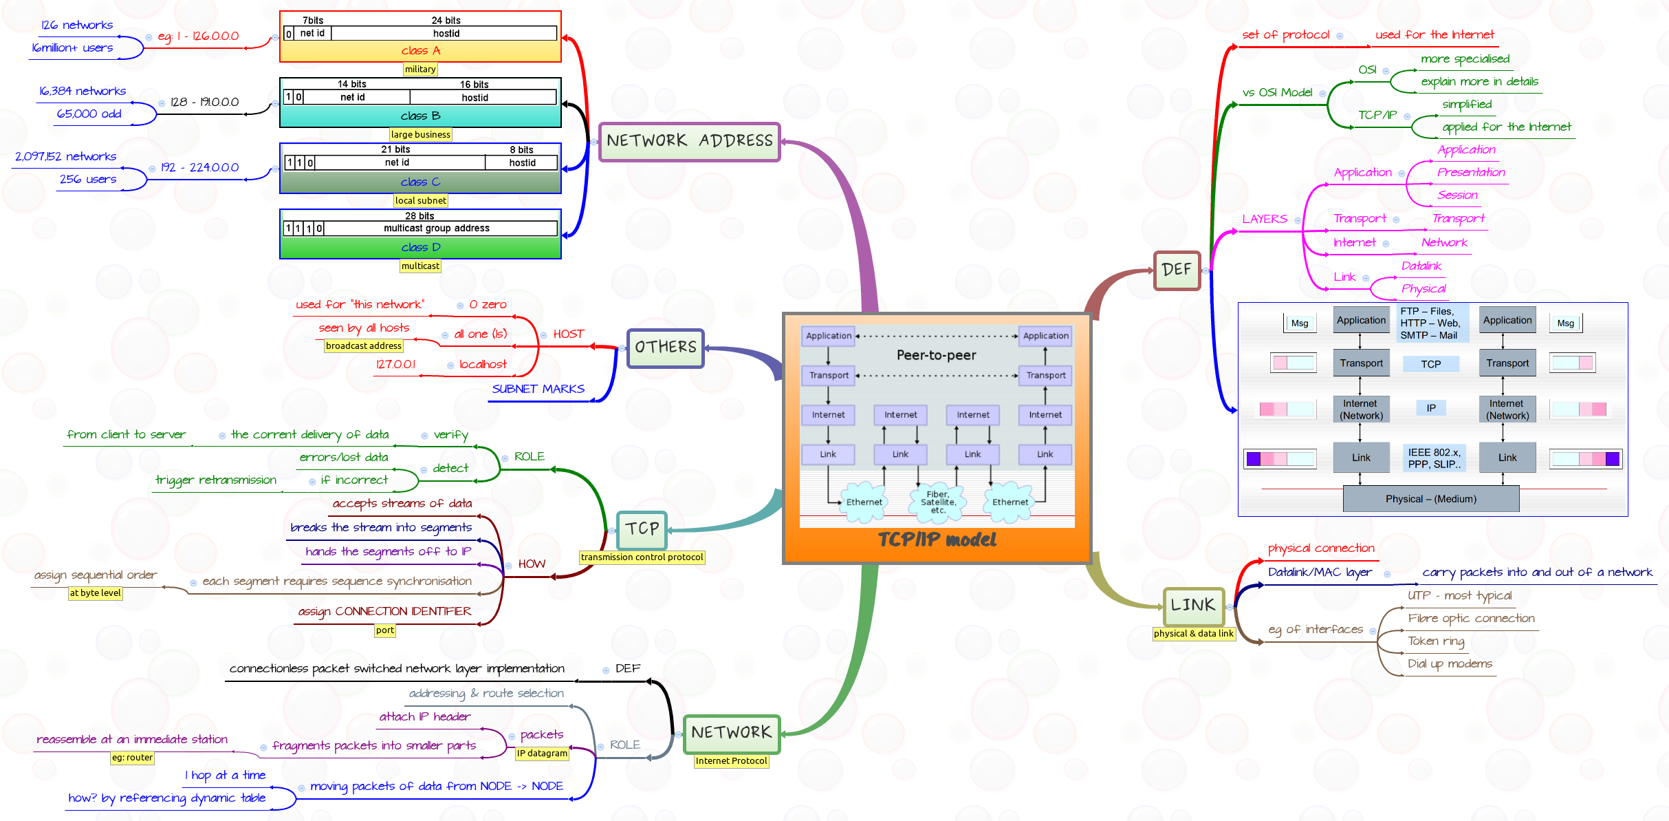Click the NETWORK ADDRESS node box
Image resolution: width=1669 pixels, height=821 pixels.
(689, 142)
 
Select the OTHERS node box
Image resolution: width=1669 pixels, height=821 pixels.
(665, 348)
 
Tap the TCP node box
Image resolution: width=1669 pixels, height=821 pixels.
(642, 529)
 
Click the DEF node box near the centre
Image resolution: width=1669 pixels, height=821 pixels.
(1177, 270)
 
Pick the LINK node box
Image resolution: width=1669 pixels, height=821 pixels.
(1193, 606)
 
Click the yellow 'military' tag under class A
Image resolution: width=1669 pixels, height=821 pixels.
(420, 70)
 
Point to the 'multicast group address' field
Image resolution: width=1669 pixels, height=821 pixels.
(437, 228)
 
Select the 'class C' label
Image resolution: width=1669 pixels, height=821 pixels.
(420, 182)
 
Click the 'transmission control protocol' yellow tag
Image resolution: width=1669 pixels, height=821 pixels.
(642, 557)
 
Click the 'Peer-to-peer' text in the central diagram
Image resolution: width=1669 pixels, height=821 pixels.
(936, 356)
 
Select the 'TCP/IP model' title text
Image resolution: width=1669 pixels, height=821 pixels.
(937, 540)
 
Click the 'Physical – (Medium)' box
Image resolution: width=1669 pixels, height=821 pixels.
(1430, 499)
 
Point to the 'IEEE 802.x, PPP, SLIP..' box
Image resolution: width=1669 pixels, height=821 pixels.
(1434, 458)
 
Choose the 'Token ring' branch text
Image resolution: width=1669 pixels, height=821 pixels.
(1436, 641)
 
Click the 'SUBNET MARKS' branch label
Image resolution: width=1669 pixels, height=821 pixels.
(538, 390)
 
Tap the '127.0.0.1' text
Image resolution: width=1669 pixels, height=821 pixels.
(395, 365)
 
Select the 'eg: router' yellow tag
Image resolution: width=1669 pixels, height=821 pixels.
(132, 758)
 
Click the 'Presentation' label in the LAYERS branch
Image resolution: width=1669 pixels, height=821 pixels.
(1471, 173)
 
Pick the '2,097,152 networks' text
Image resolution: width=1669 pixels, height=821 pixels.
(65, 157)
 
